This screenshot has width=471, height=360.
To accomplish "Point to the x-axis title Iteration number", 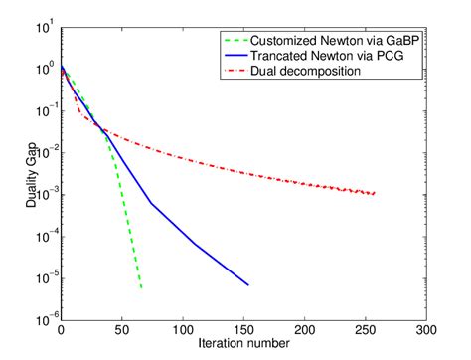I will click(x=243, y=344).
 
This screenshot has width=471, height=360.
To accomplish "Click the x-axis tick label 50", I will click(x=122, y=329).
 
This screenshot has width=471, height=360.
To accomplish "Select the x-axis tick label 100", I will click(x=183, y=329).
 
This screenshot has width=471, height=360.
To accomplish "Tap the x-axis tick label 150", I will click(x=243, y=329).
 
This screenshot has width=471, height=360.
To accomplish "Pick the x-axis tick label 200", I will click(x=304, y=329).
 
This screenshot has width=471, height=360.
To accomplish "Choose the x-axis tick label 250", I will click(x=366, y=329).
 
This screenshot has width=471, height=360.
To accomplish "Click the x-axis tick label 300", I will click(x=426, y=329).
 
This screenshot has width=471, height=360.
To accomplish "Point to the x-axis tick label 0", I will click(x=62, y=329).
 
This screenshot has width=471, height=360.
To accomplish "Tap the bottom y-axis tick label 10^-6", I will click(x=43, y=318).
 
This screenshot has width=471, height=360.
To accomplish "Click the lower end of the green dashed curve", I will click(x=142, y=288).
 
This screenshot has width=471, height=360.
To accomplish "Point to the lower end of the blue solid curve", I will click(x=248, y=285).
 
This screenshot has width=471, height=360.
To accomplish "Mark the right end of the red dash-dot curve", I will click(x=375, y=193).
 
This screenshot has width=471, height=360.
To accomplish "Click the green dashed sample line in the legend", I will click(x=238, y=41).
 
